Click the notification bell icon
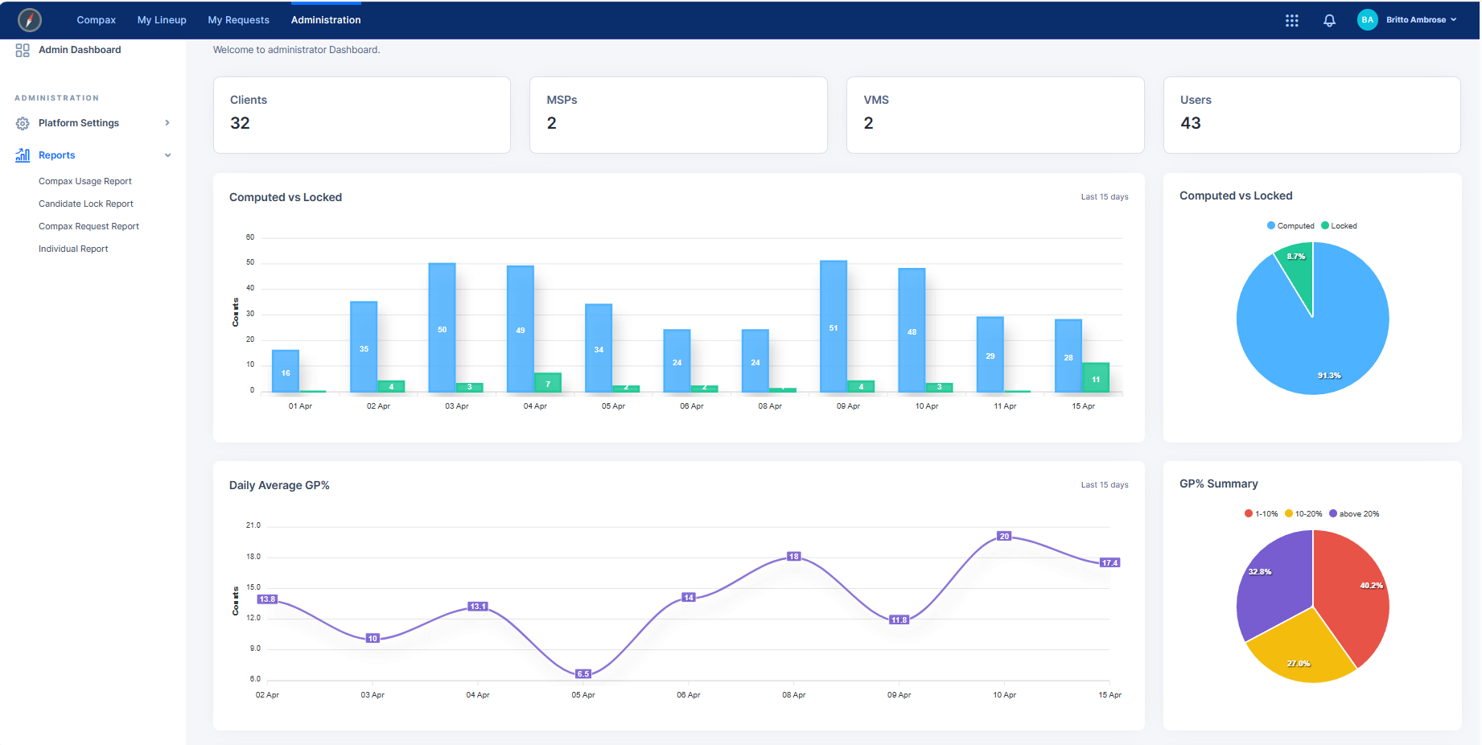tap(1329, 20)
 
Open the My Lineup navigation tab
tap(162, 20)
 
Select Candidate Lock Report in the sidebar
tap(86, 204)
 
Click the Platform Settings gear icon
tap(23, 123)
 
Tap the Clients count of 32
tap(240, 123)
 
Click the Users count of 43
tap(1190, 123)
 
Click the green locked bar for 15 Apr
tap(1095, 377)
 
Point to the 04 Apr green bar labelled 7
tap(548, 383)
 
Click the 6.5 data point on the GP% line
tap(583, 674)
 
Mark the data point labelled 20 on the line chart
tap(1004, 537)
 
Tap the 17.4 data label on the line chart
tap(1109, 563)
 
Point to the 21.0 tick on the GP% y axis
tap(253, 525)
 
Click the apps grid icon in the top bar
tap(1291, 20)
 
